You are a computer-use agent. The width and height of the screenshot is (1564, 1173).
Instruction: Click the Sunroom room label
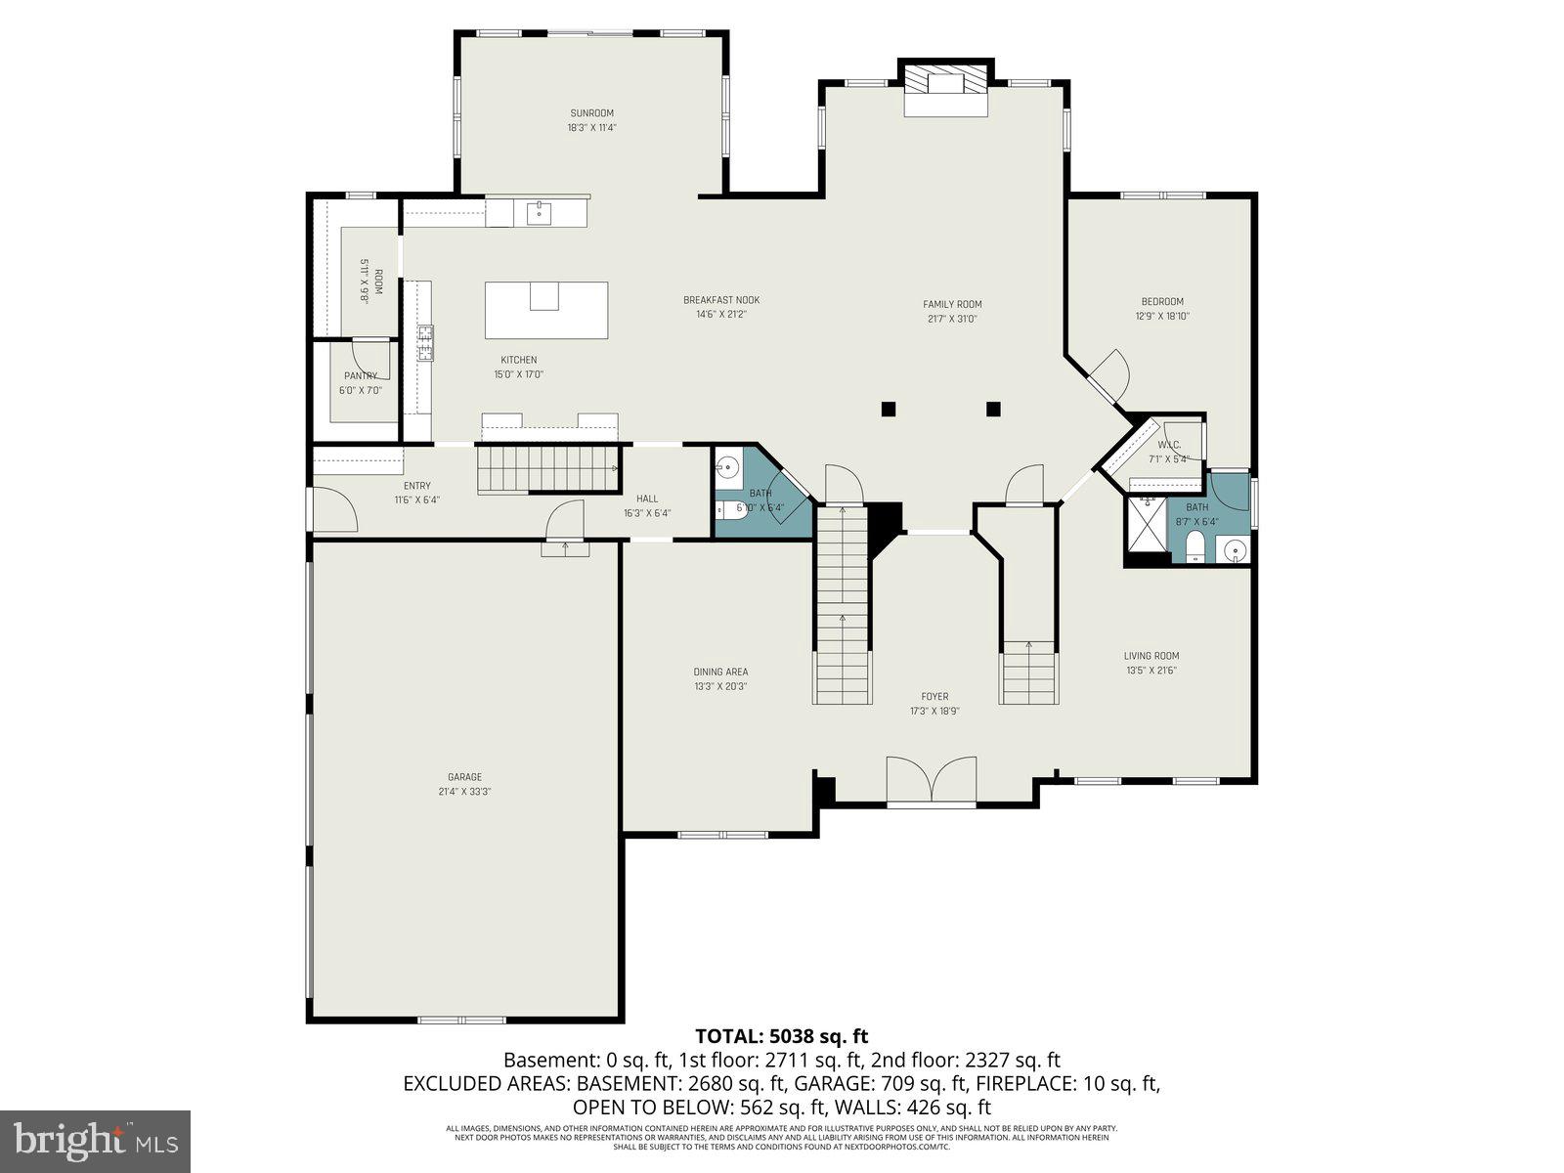click(x=591, y=113)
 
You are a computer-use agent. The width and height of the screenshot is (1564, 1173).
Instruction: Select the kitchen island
click(x=545, y=310)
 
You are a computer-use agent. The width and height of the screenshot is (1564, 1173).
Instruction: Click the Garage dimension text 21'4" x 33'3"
click(x=465, y=792)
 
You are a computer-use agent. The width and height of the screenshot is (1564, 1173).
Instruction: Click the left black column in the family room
click(x=888, y=409)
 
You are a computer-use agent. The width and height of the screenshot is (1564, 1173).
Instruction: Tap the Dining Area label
click(x=720, y=672)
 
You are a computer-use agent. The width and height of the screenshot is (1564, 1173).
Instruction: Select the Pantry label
click(x=361, y=376)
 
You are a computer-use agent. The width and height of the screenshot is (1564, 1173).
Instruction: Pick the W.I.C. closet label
click(x=1169, y=445)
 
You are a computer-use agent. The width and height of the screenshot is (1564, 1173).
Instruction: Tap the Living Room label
click(x=1151, y=656)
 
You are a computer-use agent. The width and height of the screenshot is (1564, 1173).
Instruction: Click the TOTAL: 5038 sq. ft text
click(x=781, y=1036)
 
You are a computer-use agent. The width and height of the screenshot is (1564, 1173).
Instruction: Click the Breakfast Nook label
click(x=721, y=300)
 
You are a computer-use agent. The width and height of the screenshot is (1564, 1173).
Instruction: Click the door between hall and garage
click(x=565, y=518)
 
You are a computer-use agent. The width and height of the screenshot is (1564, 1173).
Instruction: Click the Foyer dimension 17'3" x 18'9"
click(x=934, y=711)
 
